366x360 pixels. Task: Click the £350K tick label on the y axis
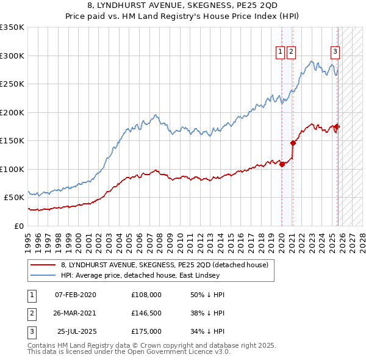[x=12, y=27]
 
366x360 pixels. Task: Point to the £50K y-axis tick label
[x=14, y=198]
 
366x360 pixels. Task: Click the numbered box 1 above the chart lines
[x=280, y=52]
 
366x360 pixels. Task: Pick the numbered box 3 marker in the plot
[x=335, y=52]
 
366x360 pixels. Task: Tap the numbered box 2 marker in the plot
[x=291, y=52]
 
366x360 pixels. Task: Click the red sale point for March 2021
[x=293, y=143]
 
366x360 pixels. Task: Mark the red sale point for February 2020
[x=282, y=164]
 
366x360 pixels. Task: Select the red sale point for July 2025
[x=337, y=127]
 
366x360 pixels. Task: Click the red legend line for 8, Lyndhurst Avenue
[x=43, y=265]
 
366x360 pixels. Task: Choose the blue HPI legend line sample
[x=43, y=276]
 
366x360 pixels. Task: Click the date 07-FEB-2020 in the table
[x=76, y=295]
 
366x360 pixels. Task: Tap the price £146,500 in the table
[x=146, y=313]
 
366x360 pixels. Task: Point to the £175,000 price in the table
[x=146, y=331]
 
